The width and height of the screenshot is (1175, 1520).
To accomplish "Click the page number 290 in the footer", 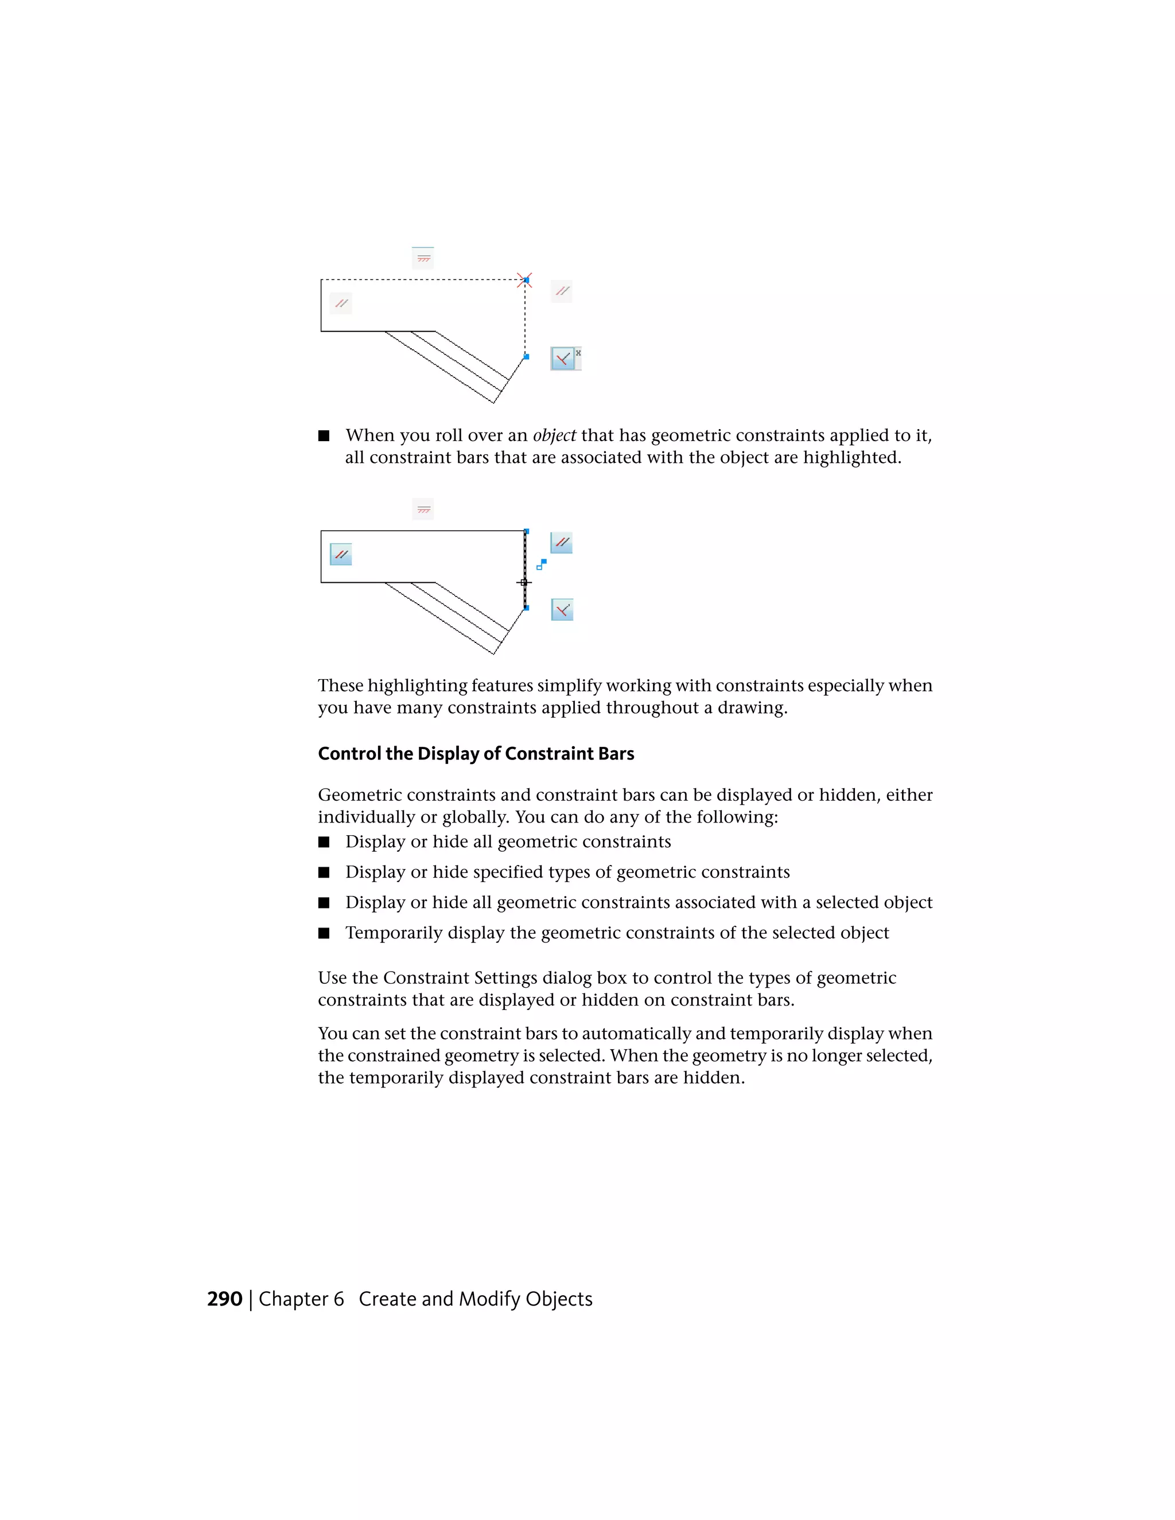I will pyautogui.click(x=224, y=1299).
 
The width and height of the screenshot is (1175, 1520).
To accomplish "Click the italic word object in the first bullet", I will pyautogui.click(x=554, y=436).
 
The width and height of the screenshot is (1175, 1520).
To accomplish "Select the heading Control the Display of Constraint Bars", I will pyautogui.click(x=476, y=754).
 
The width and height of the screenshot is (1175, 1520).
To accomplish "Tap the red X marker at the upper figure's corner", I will pyautogui.click(x=524, y=280).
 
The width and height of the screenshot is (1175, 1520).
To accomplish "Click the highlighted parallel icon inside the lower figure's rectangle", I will pyautogui.click(x=340, y=555).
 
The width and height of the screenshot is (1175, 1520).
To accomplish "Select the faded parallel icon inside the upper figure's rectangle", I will pyautogui.click(x=340, y=303).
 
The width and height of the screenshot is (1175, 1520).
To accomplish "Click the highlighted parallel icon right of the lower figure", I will pyautogui.click(x=562, y=542).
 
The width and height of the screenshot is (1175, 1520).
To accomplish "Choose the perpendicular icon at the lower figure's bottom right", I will pyautogui.click(x=562, y=610).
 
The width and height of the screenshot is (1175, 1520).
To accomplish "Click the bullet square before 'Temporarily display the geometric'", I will pyautogui.click(x=324, y=933).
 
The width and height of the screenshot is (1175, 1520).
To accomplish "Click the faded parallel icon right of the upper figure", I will pyautogui.click(x=562, y=291).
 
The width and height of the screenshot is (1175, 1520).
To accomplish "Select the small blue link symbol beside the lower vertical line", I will pyautogui.click(x=542, y=564).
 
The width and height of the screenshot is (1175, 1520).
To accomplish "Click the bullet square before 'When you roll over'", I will pyautogui.click(x=324, y=436).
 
